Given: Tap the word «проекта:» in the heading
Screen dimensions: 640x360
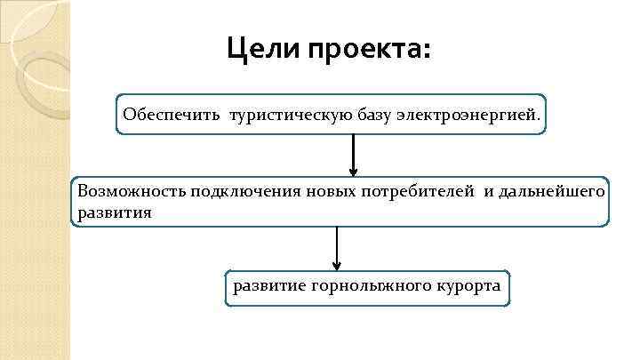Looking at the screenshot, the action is click(x=368, y=49).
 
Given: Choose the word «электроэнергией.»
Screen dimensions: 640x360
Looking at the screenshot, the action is click(x=468, y=115).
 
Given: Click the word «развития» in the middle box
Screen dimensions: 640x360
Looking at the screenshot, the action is click(x=115, y=213).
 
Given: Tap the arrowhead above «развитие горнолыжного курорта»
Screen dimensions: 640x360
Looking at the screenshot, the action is click(x=337, y=264).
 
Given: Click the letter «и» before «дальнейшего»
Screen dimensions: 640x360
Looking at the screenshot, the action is click(x=487, y=191).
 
